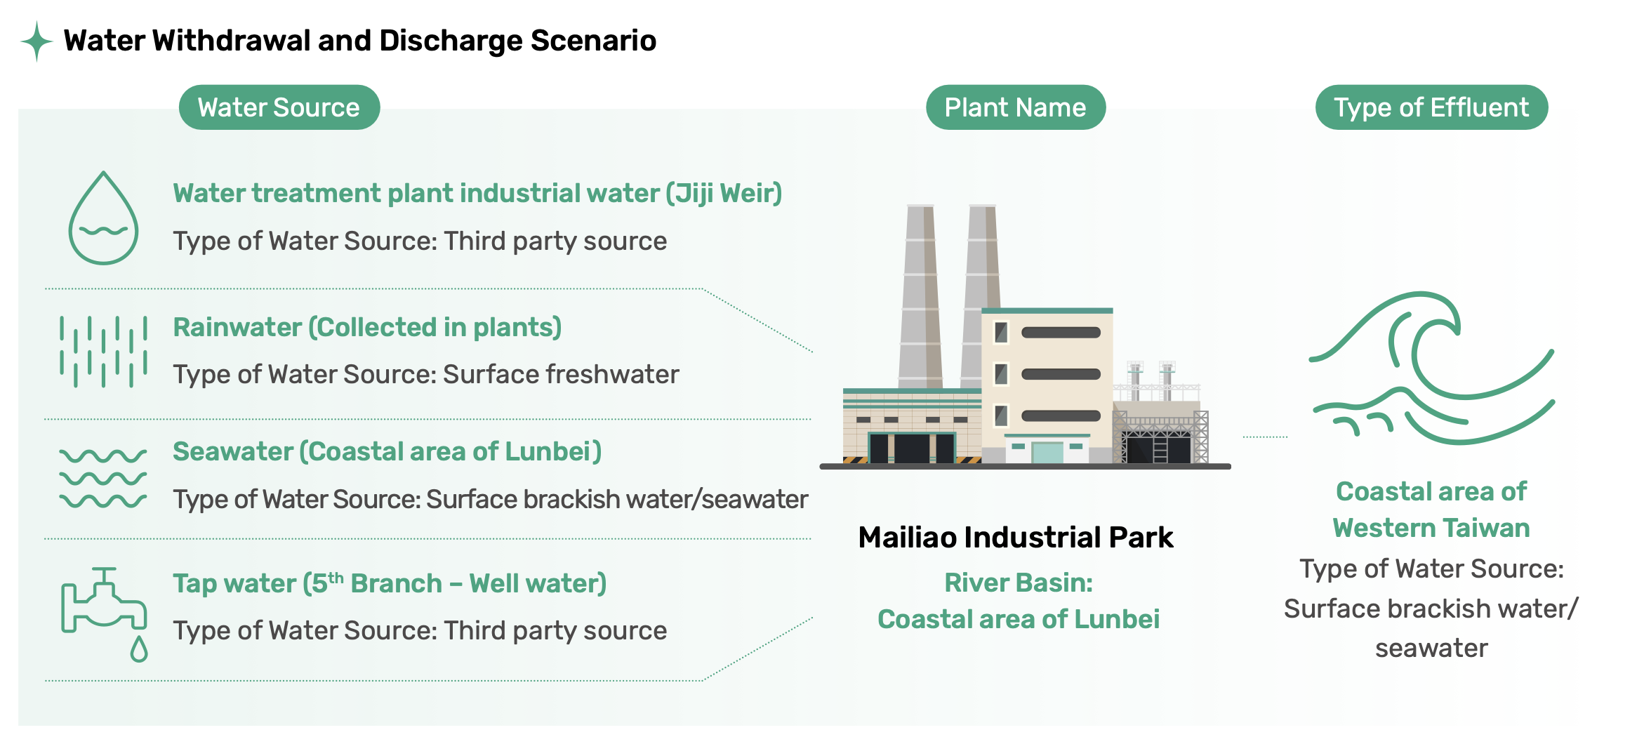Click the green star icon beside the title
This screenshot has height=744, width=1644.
37,41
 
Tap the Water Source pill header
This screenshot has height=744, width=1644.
279,107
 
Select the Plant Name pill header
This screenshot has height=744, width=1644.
1016,107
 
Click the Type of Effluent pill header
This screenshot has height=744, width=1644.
1431,107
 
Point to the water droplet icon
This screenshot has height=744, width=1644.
103,218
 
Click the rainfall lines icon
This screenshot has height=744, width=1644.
104,351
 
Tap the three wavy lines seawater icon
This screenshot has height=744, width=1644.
103,478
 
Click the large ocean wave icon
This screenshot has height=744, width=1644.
1432,368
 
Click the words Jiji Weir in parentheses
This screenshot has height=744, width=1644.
724,193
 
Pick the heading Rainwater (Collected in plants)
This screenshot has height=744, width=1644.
367,327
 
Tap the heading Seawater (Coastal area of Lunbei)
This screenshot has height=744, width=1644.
387,451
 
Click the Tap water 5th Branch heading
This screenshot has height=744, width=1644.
390,583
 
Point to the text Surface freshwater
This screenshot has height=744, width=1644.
561,374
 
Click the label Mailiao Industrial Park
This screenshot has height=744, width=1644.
1016,537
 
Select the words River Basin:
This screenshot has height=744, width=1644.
1019,583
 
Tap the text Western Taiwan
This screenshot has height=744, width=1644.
1431,528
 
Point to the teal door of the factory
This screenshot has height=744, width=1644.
1047,451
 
